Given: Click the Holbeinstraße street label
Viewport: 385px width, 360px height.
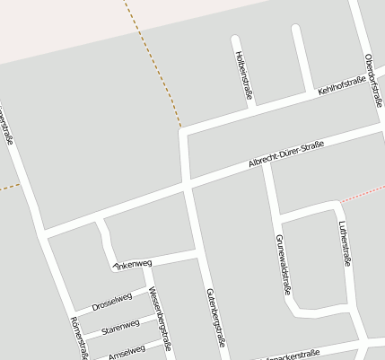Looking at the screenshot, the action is pos(242,73).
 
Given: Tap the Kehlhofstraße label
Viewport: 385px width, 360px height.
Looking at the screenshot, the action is pos(342,87).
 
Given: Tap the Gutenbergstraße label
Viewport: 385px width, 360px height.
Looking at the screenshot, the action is pos(214,318).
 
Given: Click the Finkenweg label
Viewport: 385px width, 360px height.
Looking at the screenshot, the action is pos(132,264).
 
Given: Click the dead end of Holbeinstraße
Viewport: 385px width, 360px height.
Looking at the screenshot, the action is pos(236,40).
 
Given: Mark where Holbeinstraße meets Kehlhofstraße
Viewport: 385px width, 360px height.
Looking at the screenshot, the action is pos(251,108).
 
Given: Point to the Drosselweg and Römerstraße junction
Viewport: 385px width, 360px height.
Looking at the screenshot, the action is pos(72,313).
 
